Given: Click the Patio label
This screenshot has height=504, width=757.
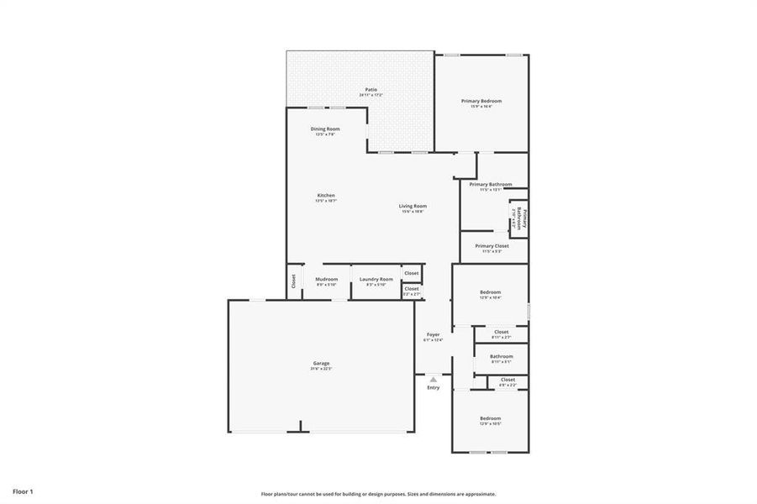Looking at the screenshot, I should (x=371, y=89).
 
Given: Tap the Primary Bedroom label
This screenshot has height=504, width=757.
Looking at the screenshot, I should (x=481, y=101).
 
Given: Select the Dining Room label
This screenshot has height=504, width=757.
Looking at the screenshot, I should (x=325, y=129).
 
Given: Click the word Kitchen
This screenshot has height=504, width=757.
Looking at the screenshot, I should (x=325, y=195).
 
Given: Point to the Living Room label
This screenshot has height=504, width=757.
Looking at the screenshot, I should (x=413, y=206).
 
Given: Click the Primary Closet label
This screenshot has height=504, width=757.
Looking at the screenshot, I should (x=492, y=245).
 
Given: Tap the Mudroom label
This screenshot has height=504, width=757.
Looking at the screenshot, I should (x=326, y=279).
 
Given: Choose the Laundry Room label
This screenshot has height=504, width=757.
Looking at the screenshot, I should (x=376, y=279).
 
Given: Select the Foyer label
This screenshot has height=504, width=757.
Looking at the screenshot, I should (x=433, y=334).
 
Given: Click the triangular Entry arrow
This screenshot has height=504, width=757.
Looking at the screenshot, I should (x=434, y=380).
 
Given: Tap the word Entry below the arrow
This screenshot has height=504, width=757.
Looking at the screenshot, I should (x=434, y=388).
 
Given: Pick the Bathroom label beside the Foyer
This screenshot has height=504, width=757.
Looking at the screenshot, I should (x=502, y=356).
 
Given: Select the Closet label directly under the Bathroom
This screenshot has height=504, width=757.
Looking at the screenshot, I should (x=507, y=380).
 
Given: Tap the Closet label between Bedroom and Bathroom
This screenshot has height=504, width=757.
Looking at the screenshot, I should (x=501, y=332).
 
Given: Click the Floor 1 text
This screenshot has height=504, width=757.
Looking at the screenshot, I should (x=23, y=491).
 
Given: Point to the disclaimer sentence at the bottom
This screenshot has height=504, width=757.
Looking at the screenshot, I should (x=378, y=494).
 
